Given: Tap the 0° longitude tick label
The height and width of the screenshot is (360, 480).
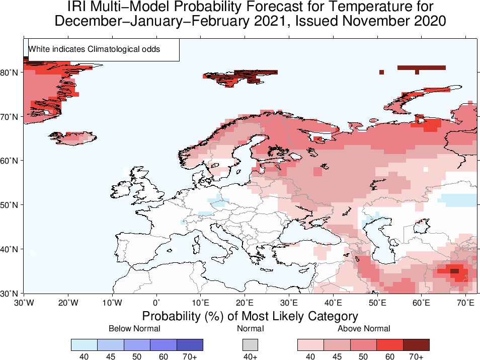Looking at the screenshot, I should pyautogui.click(x=156, y=303).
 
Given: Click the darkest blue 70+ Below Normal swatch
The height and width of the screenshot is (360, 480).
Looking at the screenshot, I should pyautogui.click(x=190, y=344).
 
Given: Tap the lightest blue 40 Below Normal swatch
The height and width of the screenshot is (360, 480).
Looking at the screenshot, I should pyautogui.click(x=84, y=344).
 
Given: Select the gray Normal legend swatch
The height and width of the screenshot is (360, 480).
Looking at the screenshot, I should pyautogui.click(x=250, y=344).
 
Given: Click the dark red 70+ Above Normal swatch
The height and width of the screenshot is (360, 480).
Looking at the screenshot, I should pyautogui.click(x=416, y=344).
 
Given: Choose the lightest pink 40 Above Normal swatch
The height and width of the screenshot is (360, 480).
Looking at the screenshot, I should pyautogui.click(x=310, y=344).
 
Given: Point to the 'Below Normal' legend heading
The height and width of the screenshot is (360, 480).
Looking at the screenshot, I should pyautogui.click(x=134, y=329).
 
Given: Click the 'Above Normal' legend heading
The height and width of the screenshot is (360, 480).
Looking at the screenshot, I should pyautogui.click(x=364, y=329).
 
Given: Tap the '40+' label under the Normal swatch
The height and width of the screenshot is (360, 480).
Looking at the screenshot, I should pyautogui.click(x=250, y=357).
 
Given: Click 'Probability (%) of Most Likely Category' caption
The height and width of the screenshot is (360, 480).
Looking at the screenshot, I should pyautogui.click(x=250, y=316).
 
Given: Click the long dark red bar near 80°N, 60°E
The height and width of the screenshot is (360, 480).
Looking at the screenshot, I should pyautogui.click(x=421, y=67).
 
